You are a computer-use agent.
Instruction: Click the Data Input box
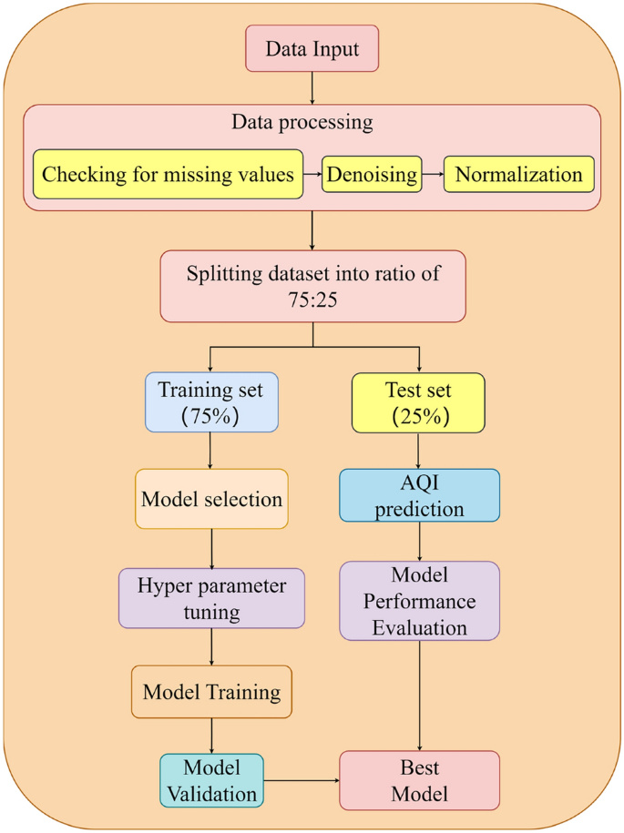(x=312, y=48)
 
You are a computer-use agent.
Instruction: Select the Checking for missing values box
(x=169, y=174)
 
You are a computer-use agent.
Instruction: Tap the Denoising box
(x=372, y=174)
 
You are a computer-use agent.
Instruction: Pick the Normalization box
(x=518, y=174)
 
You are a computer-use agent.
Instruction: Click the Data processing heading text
(x=302, y=123)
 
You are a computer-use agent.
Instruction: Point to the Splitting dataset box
(x=312, y=286)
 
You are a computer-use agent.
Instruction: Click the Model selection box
(x=211, y=499)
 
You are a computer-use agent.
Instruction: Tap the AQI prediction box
(x=419, y=495)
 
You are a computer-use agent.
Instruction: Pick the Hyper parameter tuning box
(x=211, y=598)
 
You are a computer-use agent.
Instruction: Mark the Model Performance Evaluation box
(x=419, y=601)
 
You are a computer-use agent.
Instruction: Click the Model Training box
(x=211, y=692)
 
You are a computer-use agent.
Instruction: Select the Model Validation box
(x=211, y=780)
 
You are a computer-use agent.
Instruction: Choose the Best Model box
(x=419, y=780)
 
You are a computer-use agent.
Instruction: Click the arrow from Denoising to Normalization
(x=433, y=174)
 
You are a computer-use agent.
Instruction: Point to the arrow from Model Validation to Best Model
(x=302, y=780)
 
